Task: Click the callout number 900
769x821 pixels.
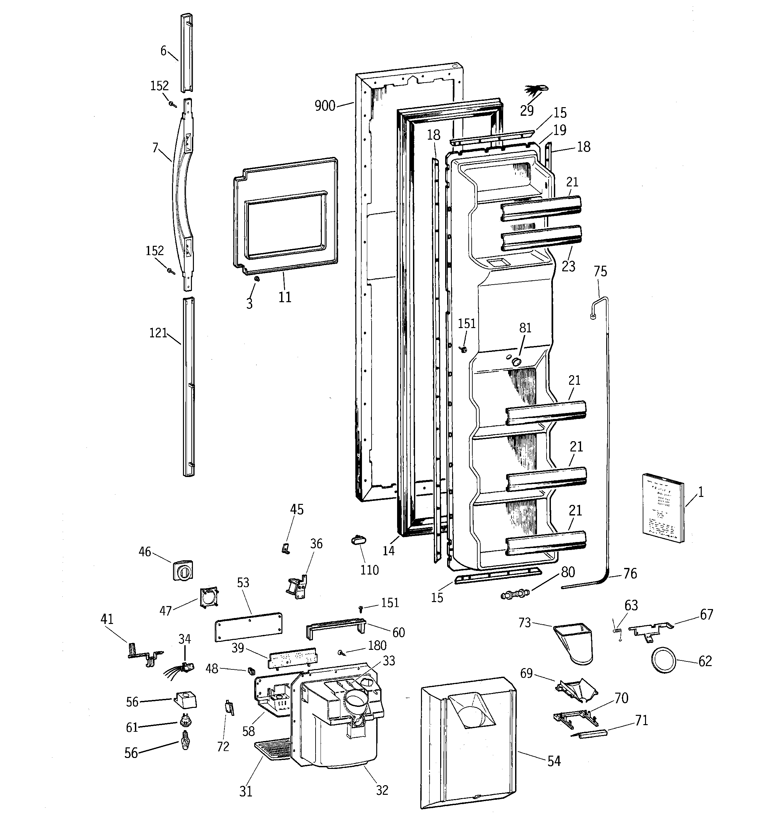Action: (325, 106)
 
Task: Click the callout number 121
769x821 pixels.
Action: (158, 333)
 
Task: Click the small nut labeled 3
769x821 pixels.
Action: (257, 279)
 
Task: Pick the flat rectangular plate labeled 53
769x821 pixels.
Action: (249, 627)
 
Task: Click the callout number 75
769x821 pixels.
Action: (600, 271)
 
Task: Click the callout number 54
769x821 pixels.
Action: (554, 761)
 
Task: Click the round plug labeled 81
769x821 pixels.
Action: (515, 362)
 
